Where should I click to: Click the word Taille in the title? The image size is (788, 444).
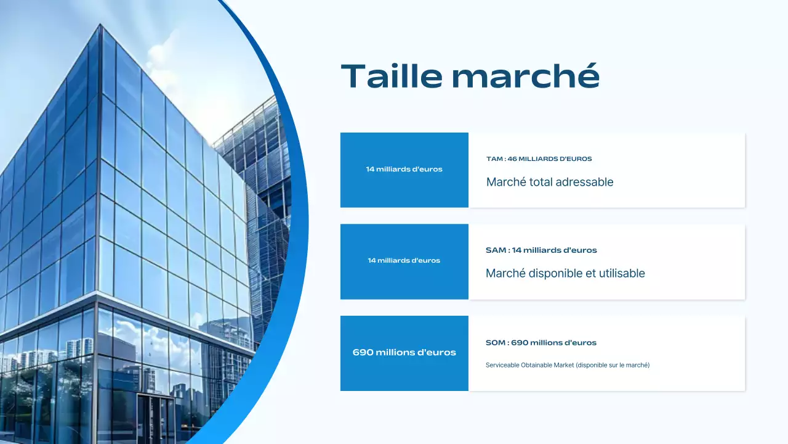click(392, 76)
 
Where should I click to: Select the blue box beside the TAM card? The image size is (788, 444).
click(404, 170)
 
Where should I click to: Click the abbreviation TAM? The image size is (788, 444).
click(495, 159)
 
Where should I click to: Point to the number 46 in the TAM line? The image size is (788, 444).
click(512, 159)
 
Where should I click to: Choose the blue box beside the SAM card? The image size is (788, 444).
click(404, 261)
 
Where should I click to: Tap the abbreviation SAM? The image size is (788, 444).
click(496, 250)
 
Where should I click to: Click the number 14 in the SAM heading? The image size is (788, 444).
click(517, 250)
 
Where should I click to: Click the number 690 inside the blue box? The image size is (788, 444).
click(363, 353)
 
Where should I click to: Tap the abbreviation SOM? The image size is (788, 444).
click(496, 343)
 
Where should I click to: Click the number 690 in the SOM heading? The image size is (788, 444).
click(519, 343)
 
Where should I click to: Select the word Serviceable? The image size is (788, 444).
click(502, 365)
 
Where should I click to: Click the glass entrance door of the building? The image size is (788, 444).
click(156, 419)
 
